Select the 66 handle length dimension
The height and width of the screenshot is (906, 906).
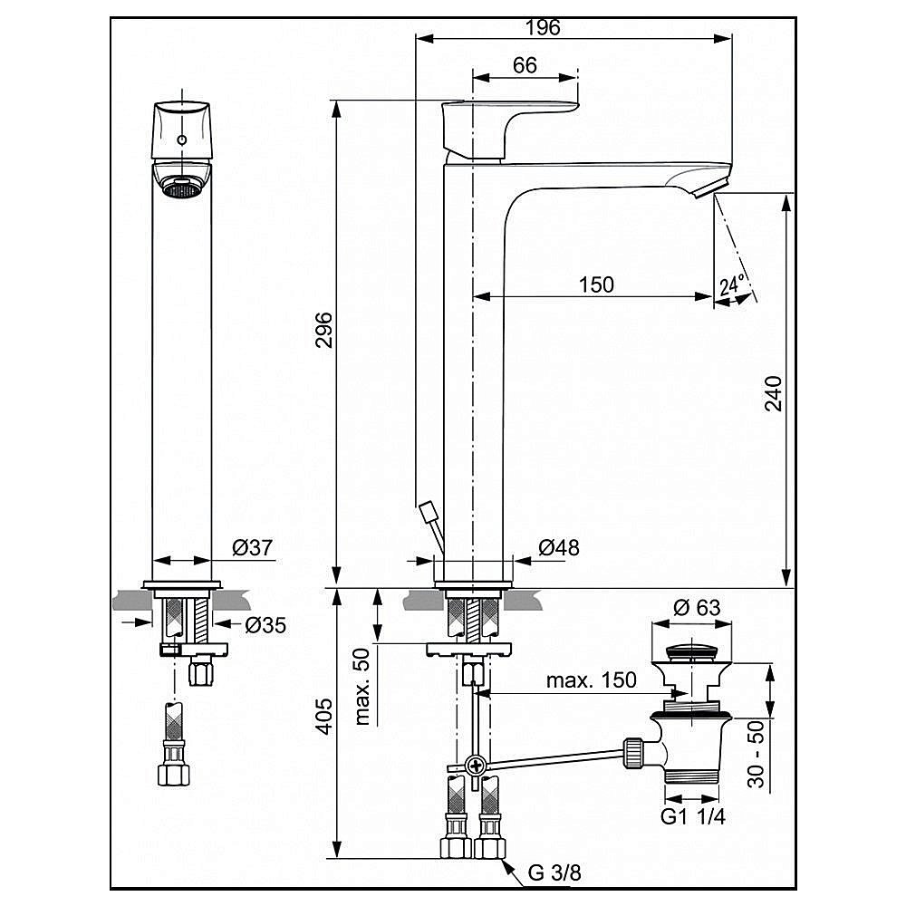(x=525, y=65)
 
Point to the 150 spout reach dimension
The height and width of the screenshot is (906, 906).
(x=595, y=284)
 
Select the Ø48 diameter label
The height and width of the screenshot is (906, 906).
(x=558, y=547)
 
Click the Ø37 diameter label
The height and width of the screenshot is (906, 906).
(x=253, y=547)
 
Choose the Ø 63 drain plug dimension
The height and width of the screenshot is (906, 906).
(x=697, y=607)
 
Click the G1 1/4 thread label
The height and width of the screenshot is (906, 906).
(x=693, y=815)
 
